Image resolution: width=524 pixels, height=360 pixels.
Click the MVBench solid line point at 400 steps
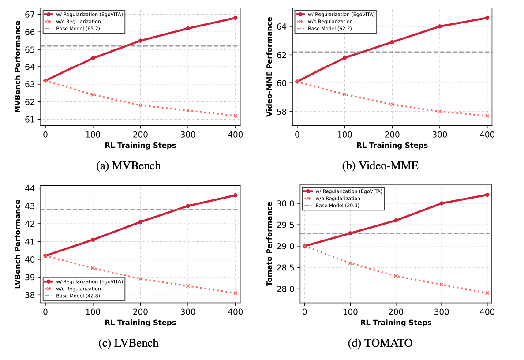coord(236,18)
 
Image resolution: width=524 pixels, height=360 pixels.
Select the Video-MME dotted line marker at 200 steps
coord(392,105)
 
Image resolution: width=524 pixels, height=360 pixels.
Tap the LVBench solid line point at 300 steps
coord(188,206)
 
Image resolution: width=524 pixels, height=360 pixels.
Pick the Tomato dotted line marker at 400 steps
coord(487,293)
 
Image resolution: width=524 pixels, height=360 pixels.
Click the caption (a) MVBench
coord(128,166)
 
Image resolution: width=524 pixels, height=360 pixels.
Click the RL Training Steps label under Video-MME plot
coord(392,146)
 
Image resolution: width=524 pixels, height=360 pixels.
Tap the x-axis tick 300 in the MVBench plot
coord(188,134)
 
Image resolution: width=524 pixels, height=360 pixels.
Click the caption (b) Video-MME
coord(380,166)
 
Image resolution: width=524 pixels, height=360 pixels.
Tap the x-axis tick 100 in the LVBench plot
coord(93,311)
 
